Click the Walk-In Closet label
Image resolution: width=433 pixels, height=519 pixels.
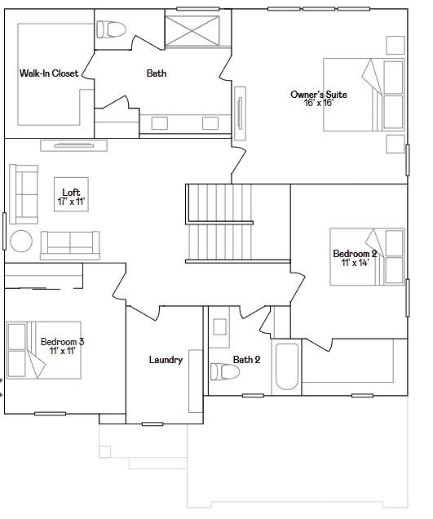[x=49, y=73]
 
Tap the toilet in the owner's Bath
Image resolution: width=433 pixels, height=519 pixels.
[x=111, y=29]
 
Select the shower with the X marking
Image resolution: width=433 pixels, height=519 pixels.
[x=192, y=31]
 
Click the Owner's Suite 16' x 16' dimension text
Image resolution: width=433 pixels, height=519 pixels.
[x=318, y=103]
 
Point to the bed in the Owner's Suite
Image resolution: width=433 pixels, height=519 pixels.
[x=364, y=95]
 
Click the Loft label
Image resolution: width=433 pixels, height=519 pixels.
[x=71, y=192]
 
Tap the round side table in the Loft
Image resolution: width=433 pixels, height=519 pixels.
[x=21, y=242]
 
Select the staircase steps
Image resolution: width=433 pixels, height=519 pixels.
[x=220, y=223]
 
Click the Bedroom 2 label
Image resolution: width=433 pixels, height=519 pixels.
[x=355, y=254]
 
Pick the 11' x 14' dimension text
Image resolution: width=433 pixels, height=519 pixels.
[x=355, y=263]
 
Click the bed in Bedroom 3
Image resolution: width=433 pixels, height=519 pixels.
[x=44, y=350]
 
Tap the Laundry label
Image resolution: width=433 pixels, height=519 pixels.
[x=166, y=360]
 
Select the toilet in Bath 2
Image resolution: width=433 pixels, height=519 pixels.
[x=225, y=371]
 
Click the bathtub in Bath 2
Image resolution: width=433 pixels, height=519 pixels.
[x=287, y=366]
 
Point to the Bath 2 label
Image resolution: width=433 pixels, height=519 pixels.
[x=246, y=359]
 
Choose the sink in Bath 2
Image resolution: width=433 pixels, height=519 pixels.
[x=219, y=327]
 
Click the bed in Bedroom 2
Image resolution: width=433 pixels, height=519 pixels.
[x=367, y=256]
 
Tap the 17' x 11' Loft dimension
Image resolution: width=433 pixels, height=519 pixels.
[x=71, y=202]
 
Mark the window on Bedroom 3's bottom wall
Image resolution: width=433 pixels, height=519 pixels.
[x=50, y=414]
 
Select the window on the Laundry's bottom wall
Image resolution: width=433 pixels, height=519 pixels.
[x=152, y=424]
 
